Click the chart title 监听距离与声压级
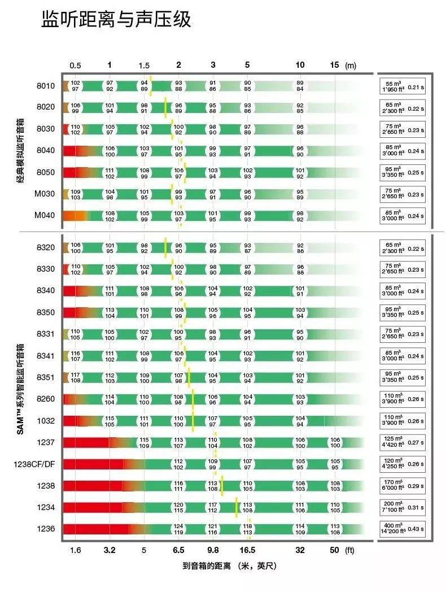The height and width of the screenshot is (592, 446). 116,20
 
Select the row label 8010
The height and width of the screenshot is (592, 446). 45,86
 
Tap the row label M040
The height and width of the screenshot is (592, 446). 45,215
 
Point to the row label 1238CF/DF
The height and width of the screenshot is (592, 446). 35,464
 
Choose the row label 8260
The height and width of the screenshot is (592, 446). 45,399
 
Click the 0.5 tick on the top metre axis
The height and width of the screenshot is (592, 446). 75,66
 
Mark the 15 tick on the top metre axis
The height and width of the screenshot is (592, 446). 335,66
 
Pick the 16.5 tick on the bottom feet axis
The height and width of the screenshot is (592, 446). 247,550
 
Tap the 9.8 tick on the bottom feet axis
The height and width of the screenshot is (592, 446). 213,550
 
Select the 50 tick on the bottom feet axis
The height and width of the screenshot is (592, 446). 335,550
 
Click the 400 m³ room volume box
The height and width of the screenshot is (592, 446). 401,529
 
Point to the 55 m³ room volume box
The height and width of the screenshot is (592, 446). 401,86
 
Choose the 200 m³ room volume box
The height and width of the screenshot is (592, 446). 401,507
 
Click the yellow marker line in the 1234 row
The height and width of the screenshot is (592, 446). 236,507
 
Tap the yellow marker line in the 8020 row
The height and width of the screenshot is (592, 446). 165,107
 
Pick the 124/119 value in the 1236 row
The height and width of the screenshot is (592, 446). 179,529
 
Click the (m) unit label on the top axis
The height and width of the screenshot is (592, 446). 351,66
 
